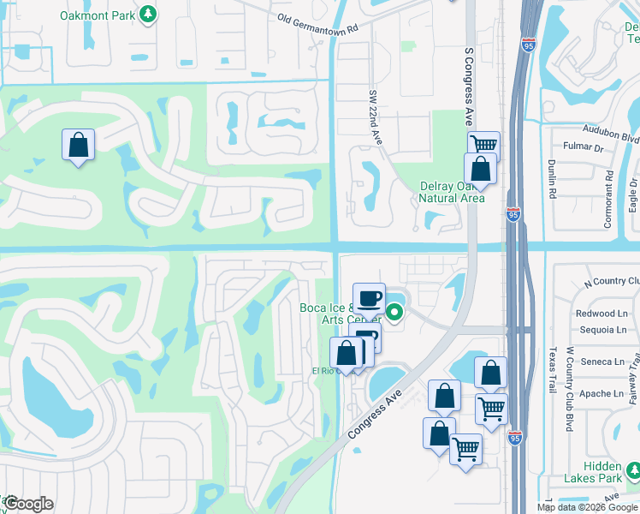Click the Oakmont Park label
98,15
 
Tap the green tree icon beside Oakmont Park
148,15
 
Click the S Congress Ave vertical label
468,86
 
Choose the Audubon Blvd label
613,137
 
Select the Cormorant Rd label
608,198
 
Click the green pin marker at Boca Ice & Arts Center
394,313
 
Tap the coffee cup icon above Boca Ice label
369,297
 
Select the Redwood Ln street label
602,314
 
